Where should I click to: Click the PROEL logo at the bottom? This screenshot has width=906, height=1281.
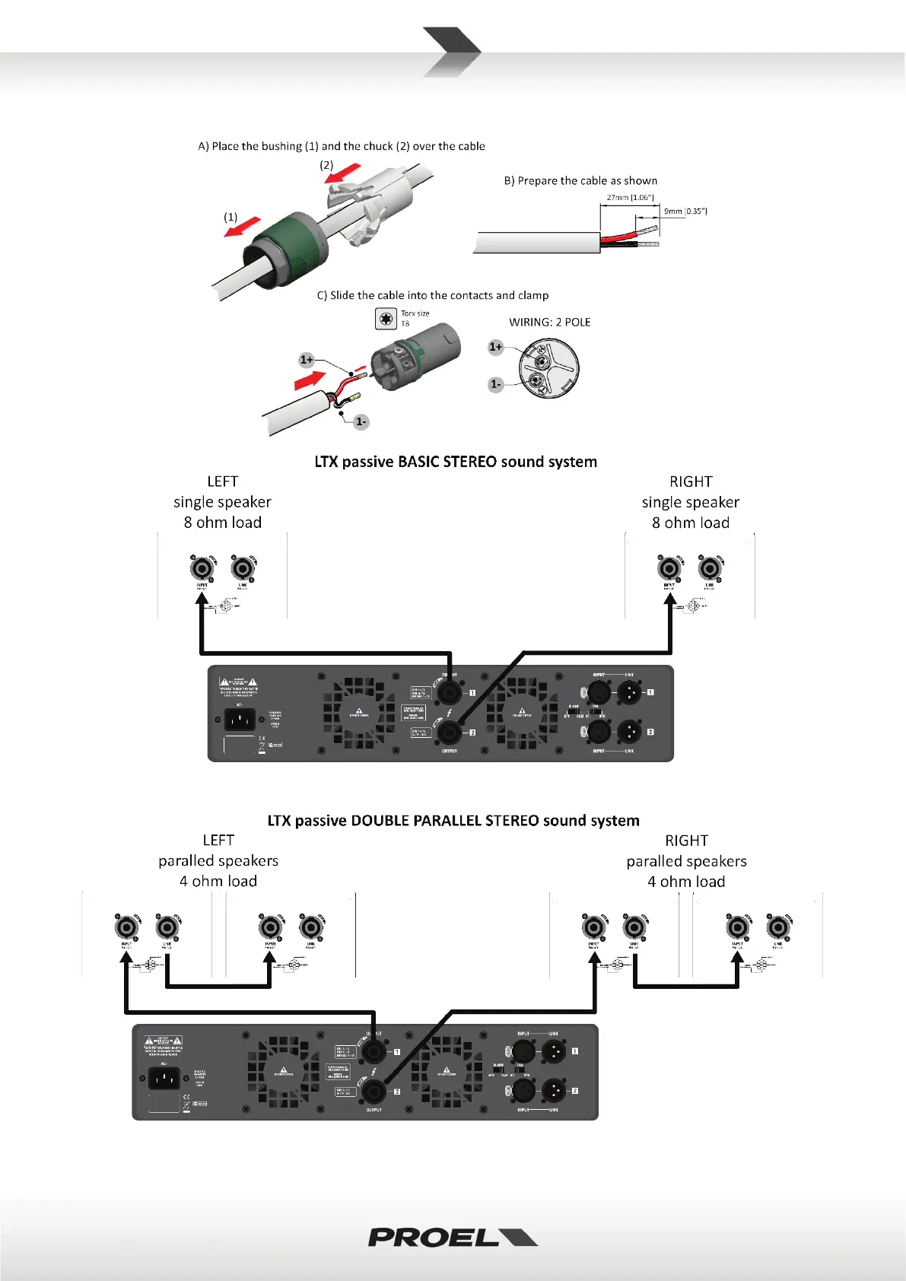pos(452,1237)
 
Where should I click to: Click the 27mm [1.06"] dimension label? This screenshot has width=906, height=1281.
pos(630,198)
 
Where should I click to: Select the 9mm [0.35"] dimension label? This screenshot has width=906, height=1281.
pos(685,211)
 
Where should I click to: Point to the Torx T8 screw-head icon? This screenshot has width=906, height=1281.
pos(386,319)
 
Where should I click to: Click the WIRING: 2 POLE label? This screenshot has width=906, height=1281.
pos(549,323)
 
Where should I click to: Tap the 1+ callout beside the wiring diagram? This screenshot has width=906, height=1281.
pos(495,347)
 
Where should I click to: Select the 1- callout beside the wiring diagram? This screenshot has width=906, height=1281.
pos(495,384)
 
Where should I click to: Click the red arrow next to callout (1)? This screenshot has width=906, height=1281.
pos(242,226)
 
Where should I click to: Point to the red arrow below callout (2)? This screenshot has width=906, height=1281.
pos(342,174)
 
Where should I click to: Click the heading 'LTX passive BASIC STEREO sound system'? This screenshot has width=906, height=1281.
pos(456,462)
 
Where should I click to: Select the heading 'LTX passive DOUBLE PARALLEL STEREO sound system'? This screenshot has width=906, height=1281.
pos(453,821)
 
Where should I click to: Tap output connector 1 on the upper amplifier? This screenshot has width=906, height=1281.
pos(450,692)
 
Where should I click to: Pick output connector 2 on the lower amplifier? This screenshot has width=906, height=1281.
pos(374,1091)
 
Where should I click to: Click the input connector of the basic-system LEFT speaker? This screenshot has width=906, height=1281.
pos(202,568)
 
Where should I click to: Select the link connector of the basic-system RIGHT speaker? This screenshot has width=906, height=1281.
pos(710,568)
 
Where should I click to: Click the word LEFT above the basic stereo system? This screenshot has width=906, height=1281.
pos(222,482)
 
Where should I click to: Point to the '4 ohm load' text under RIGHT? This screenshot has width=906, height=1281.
pos(686,882)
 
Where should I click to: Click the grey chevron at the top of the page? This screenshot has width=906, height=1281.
pos(452,52)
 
